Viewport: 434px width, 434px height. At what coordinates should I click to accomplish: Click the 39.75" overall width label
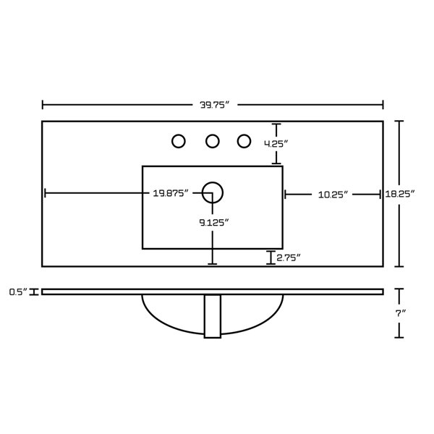(215, 105)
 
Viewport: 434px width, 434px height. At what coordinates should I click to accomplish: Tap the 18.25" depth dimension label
(400, 194)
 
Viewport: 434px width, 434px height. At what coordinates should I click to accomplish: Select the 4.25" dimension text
(276, 144)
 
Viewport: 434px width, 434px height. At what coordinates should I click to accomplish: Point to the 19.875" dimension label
(171, 193)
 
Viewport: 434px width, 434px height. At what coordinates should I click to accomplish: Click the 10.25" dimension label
(333, 195)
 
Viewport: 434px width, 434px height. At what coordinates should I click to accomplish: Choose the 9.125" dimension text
(214, 222)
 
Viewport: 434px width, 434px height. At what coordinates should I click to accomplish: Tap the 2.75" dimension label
(289, 258)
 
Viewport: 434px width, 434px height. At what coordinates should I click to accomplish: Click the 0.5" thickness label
(18, 292)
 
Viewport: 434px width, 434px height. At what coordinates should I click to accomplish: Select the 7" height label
(400, 313)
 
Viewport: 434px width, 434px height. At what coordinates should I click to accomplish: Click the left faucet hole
(179, 141)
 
